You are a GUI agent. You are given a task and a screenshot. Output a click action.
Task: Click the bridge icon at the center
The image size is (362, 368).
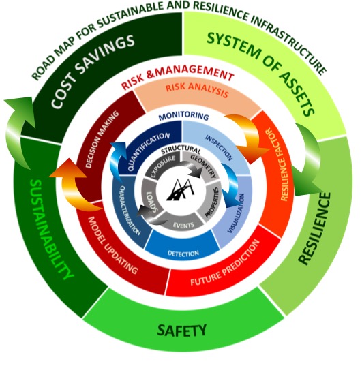pyautogui.click(x=181, y=191)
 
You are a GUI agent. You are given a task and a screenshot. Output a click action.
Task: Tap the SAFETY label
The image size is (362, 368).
pyautogui.click(x=181, y=330)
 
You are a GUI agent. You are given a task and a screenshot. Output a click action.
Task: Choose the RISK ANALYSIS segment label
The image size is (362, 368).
pyautogui.click(x=197, y=90)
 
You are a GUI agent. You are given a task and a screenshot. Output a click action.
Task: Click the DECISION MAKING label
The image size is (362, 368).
pyautogui.click(x=102, y=140)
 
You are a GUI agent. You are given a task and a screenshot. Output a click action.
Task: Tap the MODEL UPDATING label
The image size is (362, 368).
pyautogui.click(x=112, y=245)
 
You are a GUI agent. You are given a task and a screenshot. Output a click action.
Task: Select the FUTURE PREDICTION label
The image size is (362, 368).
pyautogui.click(x=225, y=263)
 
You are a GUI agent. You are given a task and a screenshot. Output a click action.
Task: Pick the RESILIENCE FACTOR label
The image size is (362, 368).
pyautogui.click(x=277, y=164)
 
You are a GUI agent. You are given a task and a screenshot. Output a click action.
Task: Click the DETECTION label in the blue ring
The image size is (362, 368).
pyautogui.click(x=183, y=254)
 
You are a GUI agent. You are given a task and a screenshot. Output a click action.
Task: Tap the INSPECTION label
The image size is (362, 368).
pyautogui.click(x=219, y=147)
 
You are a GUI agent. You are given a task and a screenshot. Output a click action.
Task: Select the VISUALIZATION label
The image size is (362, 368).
pyautogui.click(x=236, y=213)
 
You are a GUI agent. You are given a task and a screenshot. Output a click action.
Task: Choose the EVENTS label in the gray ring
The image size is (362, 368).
pyautogui.click(x=183, y=226)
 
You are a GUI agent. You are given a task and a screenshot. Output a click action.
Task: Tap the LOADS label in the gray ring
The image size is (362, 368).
pyautogui.click(x=152, y=202)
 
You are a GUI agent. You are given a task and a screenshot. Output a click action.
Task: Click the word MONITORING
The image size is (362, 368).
pyautogui.click(x=183, y=117)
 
